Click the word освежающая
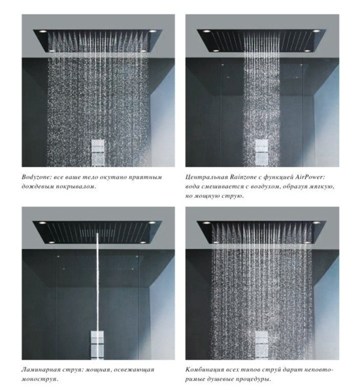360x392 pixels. pos(134,369)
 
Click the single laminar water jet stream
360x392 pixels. pos(99,281)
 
